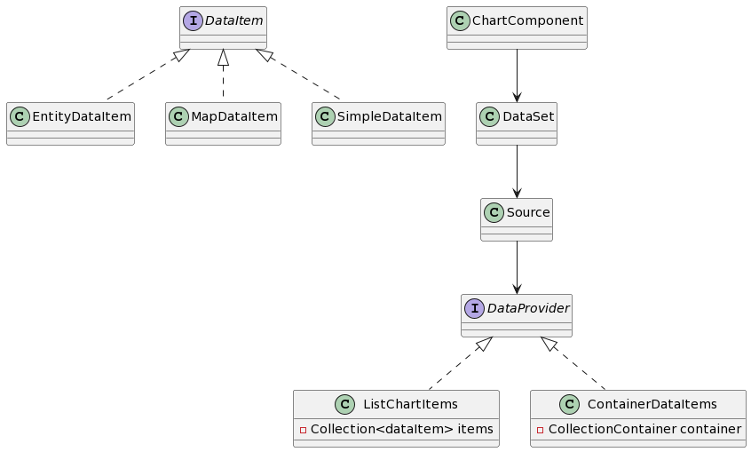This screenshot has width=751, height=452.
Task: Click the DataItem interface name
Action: pyautogui.click(x=233, y=21)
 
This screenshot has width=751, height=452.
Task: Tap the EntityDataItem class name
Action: pyautogui.click(x=81, y=117)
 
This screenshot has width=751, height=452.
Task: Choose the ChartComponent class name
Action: pyautogui.click(x=527, y=21)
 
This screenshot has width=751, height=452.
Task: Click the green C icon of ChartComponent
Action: pyautogui.click(x=461, y=21)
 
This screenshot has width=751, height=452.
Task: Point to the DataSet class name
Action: pyautogui.click(x=527, y=117)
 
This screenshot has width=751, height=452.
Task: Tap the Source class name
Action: pyautogui.click(x=527, y=213)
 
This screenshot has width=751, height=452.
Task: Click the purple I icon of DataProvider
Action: pyautogui.click(x=475, y=309)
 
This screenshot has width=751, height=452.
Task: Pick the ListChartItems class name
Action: pyautogui.click(x=410, y=405)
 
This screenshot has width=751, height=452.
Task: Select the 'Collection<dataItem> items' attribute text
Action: pyautogui.click(x=401, y=430)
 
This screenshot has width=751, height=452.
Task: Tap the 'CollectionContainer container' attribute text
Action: pyautogui.click(x=644, y=430)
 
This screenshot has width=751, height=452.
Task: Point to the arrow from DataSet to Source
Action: pyautogui.click(x=517, y=171)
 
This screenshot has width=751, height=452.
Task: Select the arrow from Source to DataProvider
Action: pyautogui.click(x=517, y=267)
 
